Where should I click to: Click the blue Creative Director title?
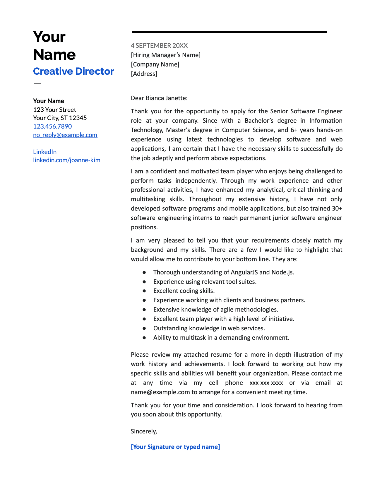point(73,71)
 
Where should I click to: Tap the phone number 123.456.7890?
point(52,126)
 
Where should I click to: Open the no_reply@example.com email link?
point(65,135)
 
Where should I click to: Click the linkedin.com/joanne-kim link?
point(67,160)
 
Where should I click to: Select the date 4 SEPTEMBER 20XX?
point(159,45)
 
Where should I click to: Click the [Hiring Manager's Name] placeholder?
point(166,55)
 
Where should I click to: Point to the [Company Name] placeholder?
point(155,64)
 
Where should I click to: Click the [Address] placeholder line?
point(144,74)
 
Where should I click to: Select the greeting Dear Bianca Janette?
point(159,98)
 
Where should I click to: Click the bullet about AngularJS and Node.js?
point(224,272)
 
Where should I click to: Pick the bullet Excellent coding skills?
point(184,291)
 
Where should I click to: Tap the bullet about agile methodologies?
point(216,310)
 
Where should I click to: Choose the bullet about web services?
point(209,328)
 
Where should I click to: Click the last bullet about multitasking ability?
point(221,338)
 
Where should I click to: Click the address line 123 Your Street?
point(54,110)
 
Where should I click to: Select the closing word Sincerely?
point(144,431)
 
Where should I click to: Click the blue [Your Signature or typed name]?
point(175,447)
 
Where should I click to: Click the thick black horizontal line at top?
point(229,32)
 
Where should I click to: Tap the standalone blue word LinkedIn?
point(45,152)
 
